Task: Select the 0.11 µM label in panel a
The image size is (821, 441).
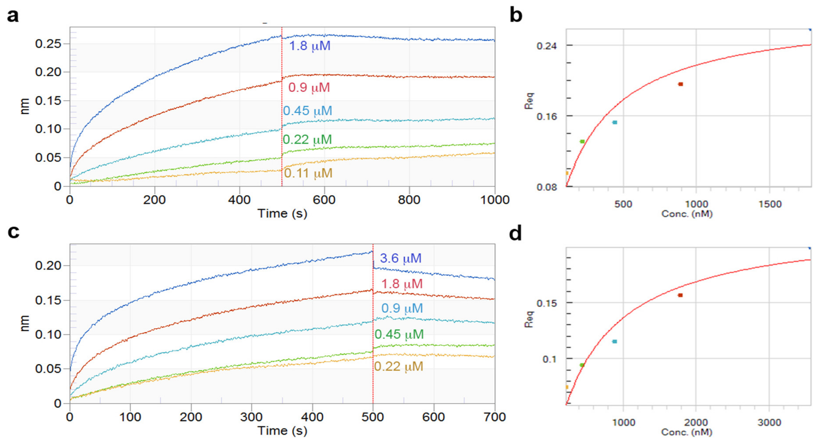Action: click(308, 173)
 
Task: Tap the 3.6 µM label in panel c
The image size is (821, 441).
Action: click(401, 258)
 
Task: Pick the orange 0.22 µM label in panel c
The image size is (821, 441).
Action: click(398, 366)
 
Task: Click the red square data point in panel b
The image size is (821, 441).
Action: click(680, 84)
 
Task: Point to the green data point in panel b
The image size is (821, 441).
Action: click(582, 141)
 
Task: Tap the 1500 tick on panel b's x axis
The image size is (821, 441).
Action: click(770, 204)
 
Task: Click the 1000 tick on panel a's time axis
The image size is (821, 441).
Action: click(495, 200)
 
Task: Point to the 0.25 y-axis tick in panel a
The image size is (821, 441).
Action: click(48, 44)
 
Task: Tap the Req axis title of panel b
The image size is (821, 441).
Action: click(529, 101)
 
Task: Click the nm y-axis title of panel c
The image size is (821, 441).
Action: click(24, 323)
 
